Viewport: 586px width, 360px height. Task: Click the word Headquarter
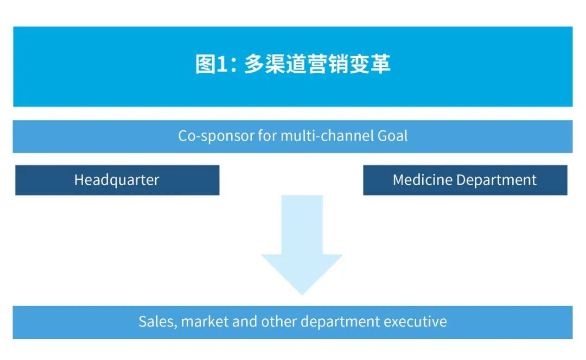117,180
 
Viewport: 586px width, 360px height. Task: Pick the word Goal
392,136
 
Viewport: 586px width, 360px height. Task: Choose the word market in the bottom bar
205,321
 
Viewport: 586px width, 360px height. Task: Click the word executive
415,321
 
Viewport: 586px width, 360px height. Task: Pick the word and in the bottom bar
245,321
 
